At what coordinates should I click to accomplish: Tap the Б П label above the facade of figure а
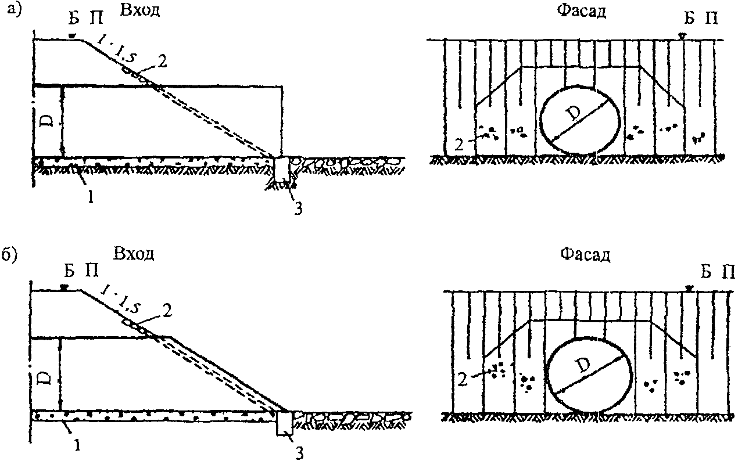(x=700, y=19)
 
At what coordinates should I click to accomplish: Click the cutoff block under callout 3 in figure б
(x=285, y=423)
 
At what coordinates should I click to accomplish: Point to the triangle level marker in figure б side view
(x=66, y=287)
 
